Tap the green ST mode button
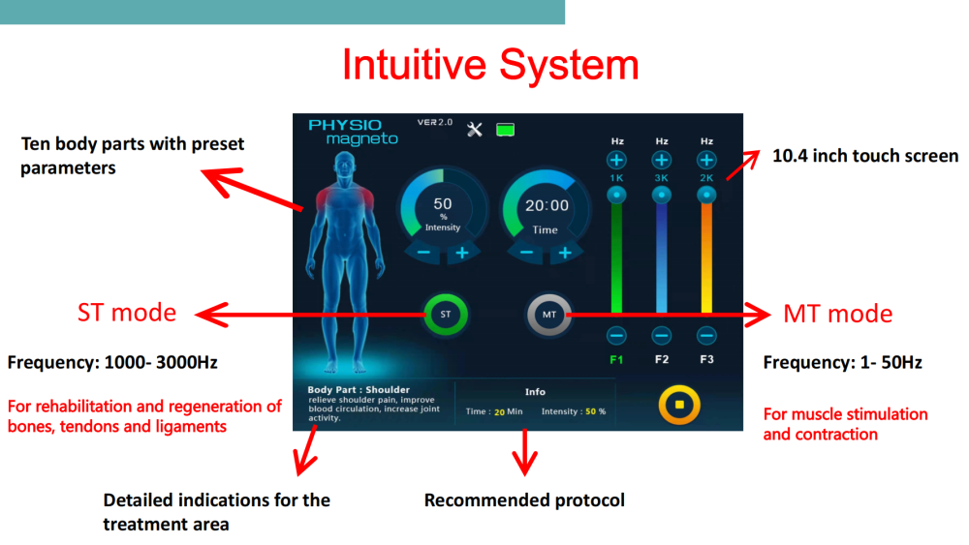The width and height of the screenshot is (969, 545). pyautogui.click(x=446, y=315)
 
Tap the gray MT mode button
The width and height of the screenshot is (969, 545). pyautogui.click(x=548, y=315)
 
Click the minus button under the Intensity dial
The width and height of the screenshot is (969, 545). pyautogui.click(x=424, y=253)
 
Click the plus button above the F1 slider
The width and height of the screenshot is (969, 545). pyautogui.click(x=616, y=161)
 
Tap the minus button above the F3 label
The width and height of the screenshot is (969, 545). pyautogui.click(x=706, y=336)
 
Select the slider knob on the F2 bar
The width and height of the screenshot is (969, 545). pyautogui.click(x=661, y=195)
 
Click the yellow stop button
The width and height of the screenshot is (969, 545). pyautogui.click(x=679, y=405)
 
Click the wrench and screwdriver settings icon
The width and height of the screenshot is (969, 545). pyautogui.click(x=475, y=130)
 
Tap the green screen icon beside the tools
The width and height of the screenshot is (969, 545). pyautogui.click(x=506, y=130)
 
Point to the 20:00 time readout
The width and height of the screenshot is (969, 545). pyautogui.click(x=547, y=205)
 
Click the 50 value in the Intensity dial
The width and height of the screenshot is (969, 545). pyautogui.click(x=443, y=203)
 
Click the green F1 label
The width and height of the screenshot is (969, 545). pyautogui.click(x=616, y=359)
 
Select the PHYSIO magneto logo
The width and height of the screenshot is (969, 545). pyautogui.click(x=353, y=132)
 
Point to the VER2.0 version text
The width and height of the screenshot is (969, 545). pyautogui.click(x=435, y=122)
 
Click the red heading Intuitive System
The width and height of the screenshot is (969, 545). pyautogui.click(x=490, y=64)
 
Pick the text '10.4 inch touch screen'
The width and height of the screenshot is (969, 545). pyautogui.click(x=865, y=156)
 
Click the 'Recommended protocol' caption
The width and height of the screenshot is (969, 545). pyautogui.click(x=524, y=500)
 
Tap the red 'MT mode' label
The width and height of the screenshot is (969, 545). pyautogui.click(x=838, y=314)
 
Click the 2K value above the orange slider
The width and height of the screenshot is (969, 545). pyautogui.click(x=706, y=178)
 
